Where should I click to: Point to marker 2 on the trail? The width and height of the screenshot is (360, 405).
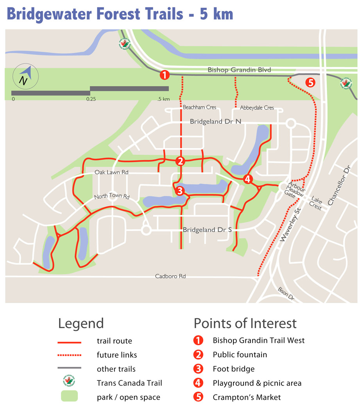click(x=180, y=161)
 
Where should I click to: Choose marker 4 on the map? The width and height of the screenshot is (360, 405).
click(x=247, y=179)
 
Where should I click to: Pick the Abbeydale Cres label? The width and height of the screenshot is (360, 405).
click(x=257, y=108)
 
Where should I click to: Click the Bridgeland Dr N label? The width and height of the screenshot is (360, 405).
click(x=215, y=122)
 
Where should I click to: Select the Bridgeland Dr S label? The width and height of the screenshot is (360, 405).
click(x=207, y=230)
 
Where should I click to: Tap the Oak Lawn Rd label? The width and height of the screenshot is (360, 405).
click(x=111, y=172)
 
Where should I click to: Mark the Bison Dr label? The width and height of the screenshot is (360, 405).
click(x=286, y=294)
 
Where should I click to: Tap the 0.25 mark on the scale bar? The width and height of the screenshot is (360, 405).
click(x=91, y=99)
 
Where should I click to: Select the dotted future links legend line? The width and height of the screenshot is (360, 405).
click(x=69, y=355)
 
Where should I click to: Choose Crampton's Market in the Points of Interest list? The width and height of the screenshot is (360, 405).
click(x=247, y=397)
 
